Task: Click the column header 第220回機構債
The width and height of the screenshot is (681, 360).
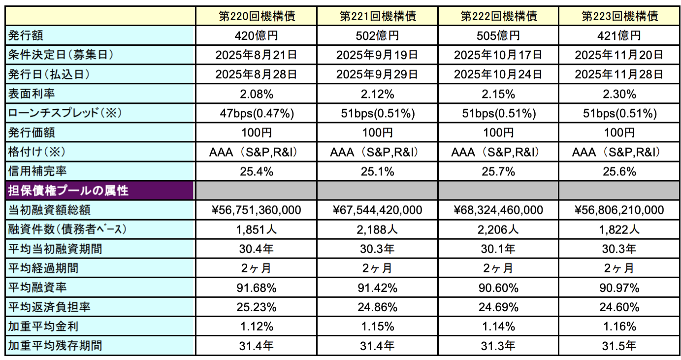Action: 257,16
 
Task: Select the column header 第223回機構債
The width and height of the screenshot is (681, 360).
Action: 620,16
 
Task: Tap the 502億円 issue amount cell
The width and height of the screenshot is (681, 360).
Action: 378,35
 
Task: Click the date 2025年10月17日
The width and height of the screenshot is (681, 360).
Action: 499,55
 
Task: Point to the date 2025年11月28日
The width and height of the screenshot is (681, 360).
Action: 620,74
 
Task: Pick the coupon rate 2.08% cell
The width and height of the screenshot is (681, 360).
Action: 257,94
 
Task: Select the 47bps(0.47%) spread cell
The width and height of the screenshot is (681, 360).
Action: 257,114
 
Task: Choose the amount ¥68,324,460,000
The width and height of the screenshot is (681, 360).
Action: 499,210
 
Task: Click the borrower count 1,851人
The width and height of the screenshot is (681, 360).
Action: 257,229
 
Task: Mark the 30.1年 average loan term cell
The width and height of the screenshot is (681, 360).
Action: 499,249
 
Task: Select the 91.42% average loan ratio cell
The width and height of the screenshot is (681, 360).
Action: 378,288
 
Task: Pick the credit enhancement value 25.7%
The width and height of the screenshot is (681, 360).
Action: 499,172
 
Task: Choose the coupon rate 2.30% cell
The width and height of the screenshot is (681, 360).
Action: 620,94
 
